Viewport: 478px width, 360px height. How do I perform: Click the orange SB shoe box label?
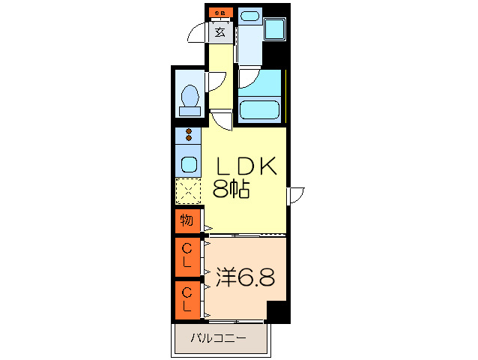click(x=220, y=13)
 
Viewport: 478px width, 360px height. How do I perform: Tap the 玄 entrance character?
click(x=220, y=31)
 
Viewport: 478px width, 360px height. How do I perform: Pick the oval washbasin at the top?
click(x=250, y=16)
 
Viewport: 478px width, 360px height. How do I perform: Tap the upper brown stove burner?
click(x=188, y=132)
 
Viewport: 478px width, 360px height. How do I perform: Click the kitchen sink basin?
click(x=188, y=163)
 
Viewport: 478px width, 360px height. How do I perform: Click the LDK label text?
click(x=246, y=166)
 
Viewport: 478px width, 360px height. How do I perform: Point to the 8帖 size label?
click(x=231, y=189)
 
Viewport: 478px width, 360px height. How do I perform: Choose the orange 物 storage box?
click(x=187, y=220)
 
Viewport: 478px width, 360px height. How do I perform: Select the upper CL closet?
click(x=187, y=256)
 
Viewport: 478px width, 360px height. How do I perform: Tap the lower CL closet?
click(x=187, y=299)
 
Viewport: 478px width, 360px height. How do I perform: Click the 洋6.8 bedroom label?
click(x=245, y=277)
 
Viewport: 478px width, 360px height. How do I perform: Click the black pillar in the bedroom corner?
click(x=277, y=310)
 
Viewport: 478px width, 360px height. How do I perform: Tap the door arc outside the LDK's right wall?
click(x=297, y=193)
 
